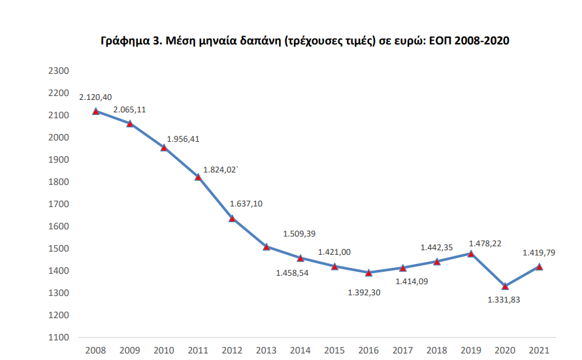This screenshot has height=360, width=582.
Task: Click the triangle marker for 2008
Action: click(x=95, y=111)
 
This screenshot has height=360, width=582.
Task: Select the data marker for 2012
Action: click(x=232, y=218)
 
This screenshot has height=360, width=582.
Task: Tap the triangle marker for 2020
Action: click(x=505, y=286)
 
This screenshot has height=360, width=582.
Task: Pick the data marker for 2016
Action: click(x=368, y=272)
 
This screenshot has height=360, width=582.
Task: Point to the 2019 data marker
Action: click(x=471, y=254)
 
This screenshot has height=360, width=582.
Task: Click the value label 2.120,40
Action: click(x=95, y=97)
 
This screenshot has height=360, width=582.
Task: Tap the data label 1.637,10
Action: click(x=246, y=203)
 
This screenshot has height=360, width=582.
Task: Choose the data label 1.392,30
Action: click(x=364, y=292)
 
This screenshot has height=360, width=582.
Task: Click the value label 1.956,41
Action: click(x=184, y=139)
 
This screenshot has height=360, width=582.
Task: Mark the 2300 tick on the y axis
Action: click(x=59, y=71)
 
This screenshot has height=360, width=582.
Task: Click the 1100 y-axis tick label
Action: click(x=59, y=337)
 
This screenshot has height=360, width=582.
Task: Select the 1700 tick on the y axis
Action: click(x=59, y=204)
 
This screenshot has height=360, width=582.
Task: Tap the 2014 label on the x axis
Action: click(x=300, y=351)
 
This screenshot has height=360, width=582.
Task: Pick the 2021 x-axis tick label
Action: click(x=539, y=351)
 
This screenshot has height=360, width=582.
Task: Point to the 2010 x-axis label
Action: click(x=163, y=351)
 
